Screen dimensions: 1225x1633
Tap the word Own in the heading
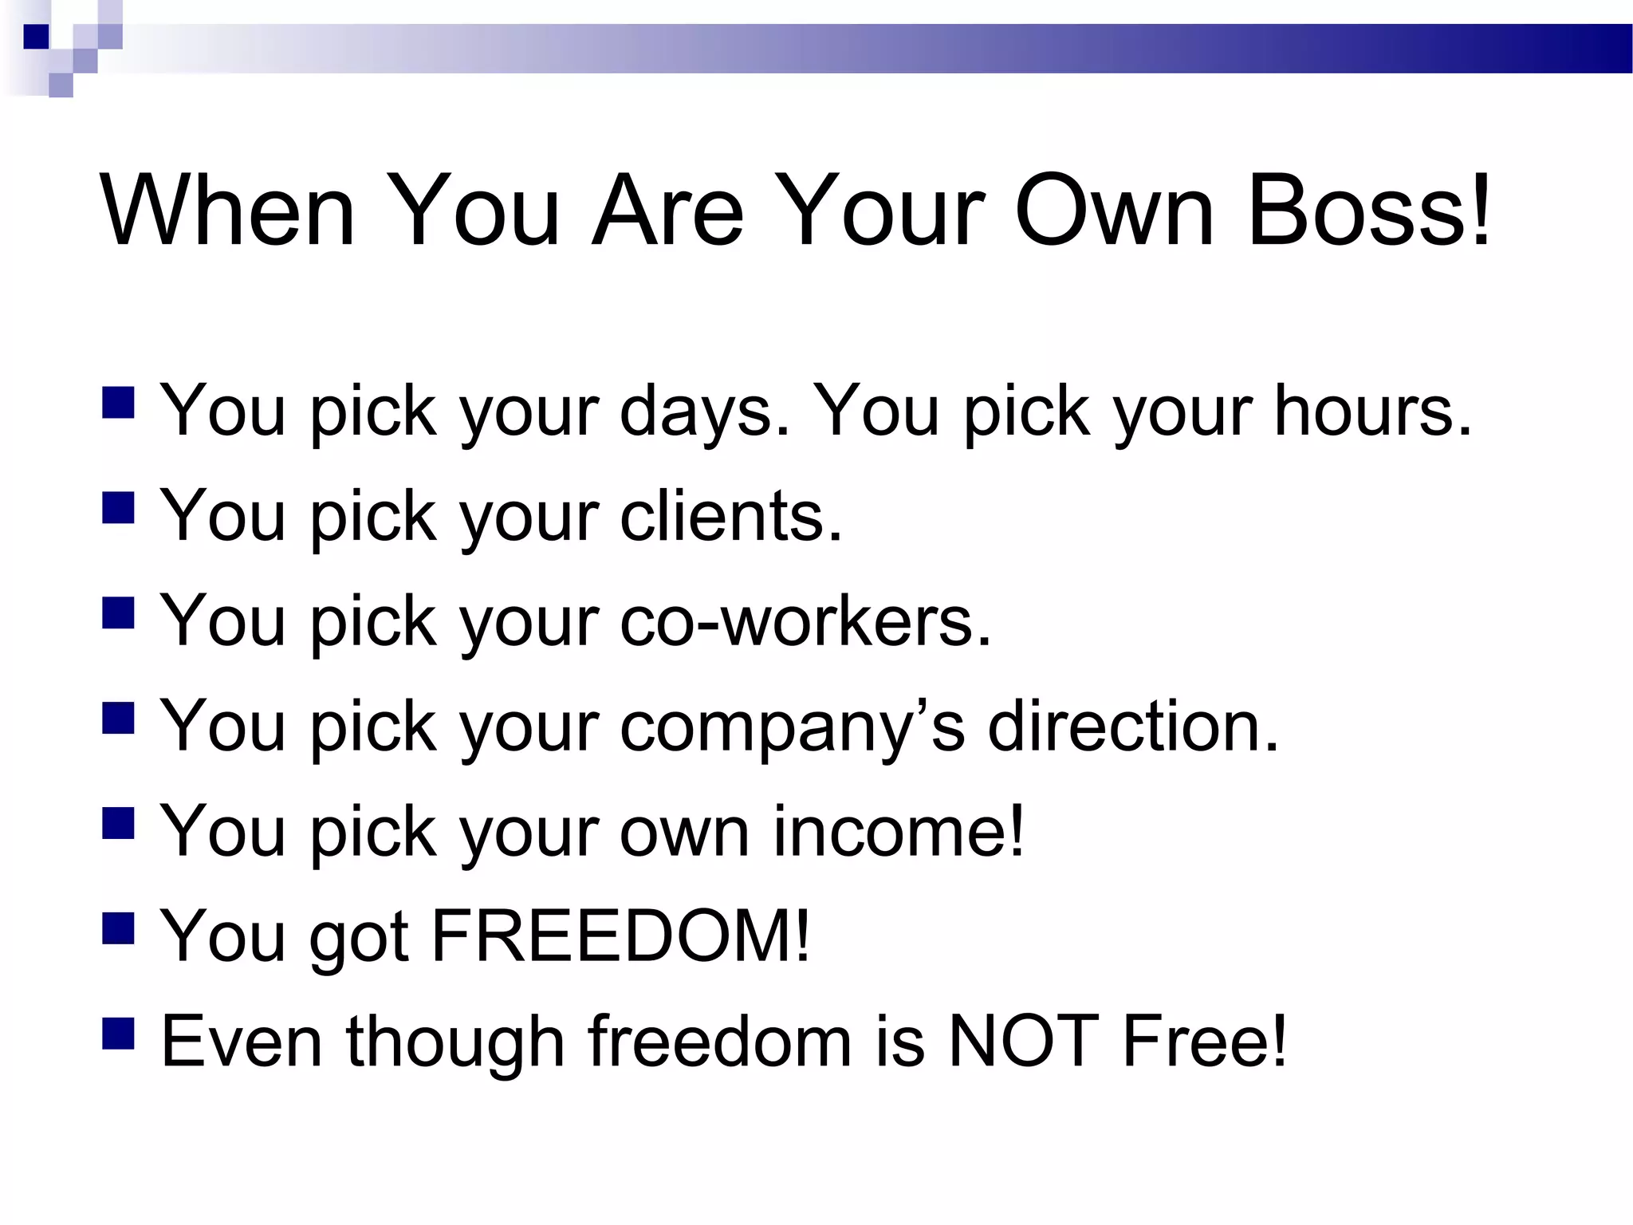pos(1114,211)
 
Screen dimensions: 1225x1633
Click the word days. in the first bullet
pos(705,412)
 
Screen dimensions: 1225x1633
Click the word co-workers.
pos(805,620)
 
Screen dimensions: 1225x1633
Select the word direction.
pos(1133,726)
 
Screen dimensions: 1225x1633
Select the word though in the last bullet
pos(455,1043)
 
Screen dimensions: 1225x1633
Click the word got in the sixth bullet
pos(359,938)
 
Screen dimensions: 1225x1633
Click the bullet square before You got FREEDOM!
pos(118,928)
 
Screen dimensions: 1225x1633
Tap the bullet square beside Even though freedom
pos(118,1034)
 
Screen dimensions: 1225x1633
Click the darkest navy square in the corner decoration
pos(37,37)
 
